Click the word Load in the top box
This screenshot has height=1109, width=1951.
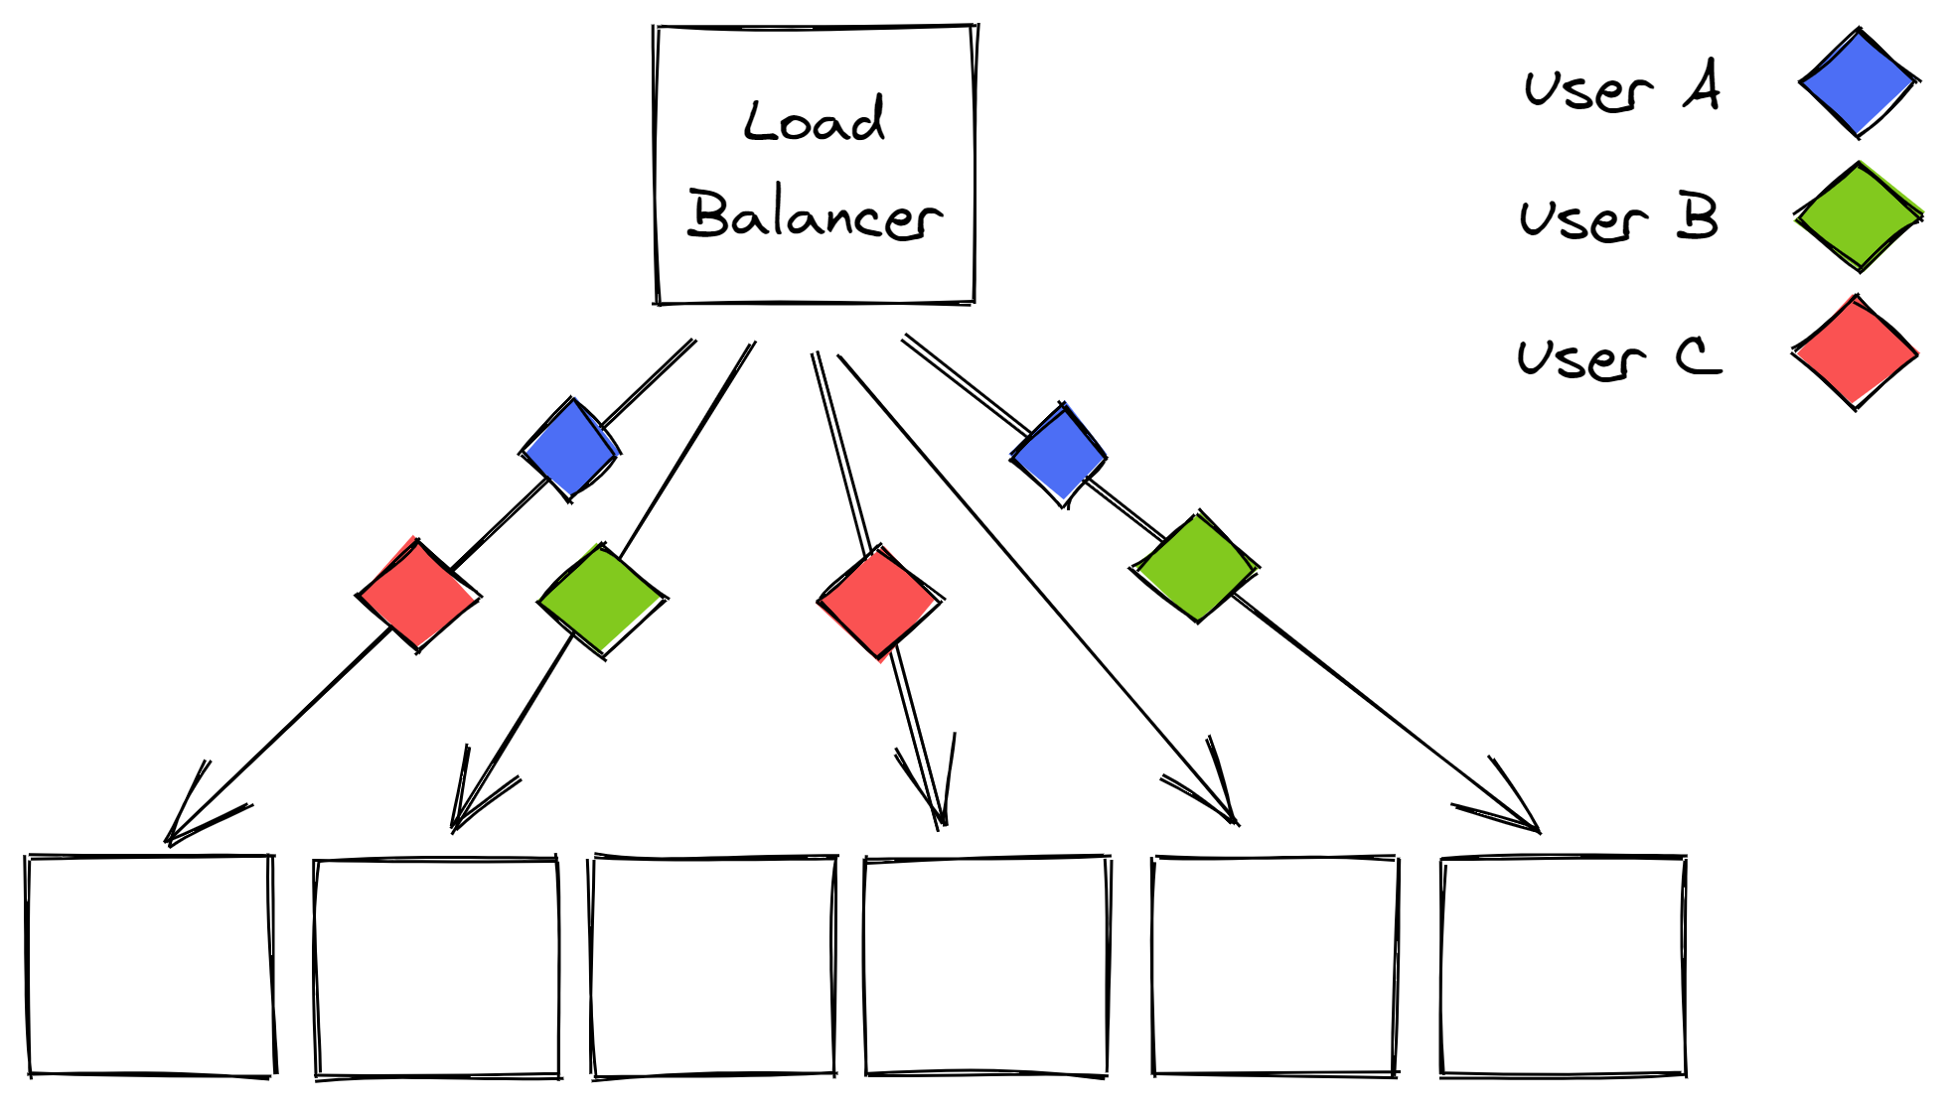pyautogui.click(x=814, y=121)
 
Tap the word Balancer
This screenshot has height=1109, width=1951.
pyautogui.click(x=815, y=214)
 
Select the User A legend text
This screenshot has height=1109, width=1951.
pyautogui.click(x=1621, y=87)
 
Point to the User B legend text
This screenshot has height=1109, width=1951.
pyautogui.click(x=1618, y=217)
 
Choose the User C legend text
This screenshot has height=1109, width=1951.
pyautogui.click(x=1618, y=357)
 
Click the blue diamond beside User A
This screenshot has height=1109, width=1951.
pyautogui.click(x=1858, y=82)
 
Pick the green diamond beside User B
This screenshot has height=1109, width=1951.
pyautogui.click(x=1858, y=215)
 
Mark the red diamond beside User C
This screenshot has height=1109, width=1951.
pyautogui.click(x=1855, y=352)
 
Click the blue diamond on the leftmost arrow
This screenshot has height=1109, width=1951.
pyautogui.click(x=570, y=450)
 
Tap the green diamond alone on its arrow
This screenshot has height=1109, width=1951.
pyautogui.click(x=602, y=600)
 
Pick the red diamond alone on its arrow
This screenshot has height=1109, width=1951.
pyautogui.click(x=879, y=602)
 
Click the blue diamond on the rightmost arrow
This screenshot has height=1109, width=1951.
pyautogui.click(x=1059, y=455)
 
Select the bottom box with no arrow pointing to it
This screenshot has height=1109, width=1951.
pyautogui.click(x=713, y=965)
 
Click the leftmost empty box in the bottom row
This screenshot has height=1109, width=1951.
pyautogui.click(x=150, y=965)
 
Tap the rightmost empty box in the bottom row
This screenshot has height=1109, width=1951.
pyautogui.click(x=1563, y=965)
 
